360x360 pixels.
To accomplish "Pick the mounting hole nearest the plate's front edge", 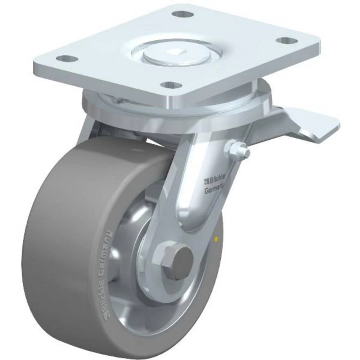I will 170,85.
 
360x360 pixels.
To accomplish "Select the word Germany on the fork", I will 214,189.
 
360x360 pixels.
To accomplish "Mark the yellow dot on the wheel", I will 216,238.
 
